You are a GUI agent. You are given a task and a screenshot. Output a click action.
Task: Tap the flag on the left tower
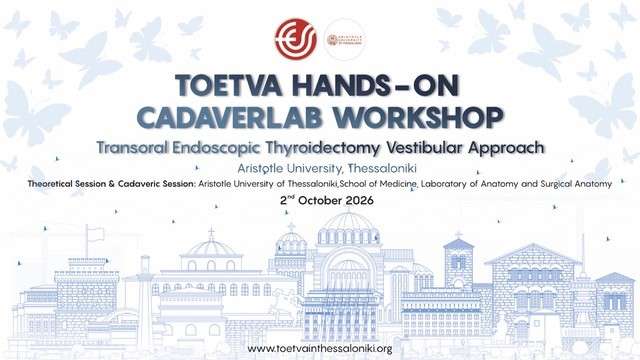(x=97, y=233)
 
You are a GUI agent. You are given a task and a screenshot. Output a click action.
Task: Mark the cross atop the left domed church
(x=211, y=231)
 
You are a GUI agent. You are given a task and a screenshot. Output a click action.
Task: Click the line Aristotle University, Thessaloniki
(x=319, y=167)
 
